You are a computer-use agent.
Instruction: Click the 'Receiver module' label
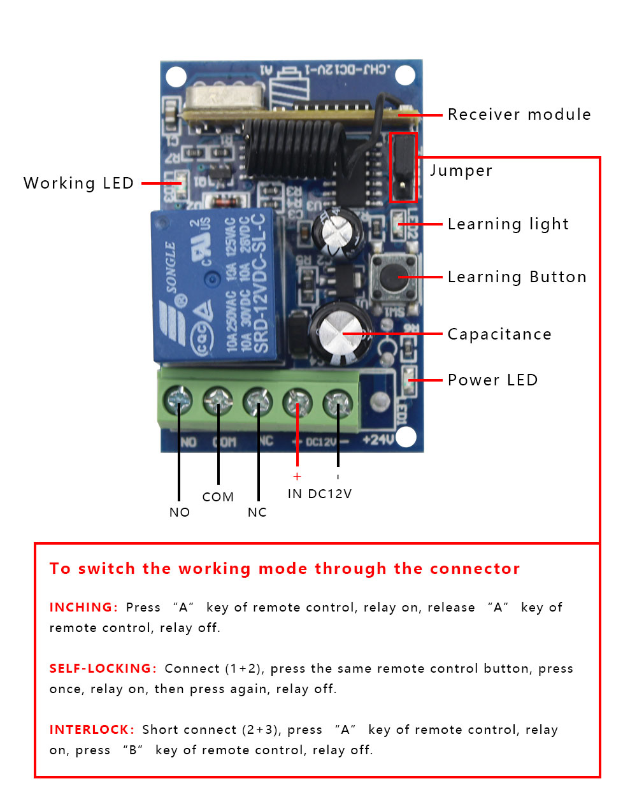pyautogui.click(x=519, y=115)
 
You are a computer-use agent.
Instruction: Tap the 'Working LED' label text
pyautogui.click(x=78, y=183)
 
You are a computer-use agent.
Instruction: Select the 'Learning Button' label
pyautogui.click(x=517, y=277)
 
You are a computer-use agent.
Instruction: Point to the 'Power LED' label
pyautogui.click(x=492, y=380)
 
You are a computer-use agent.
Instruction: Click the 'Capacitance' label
pyautogui.click(x=499, y=334)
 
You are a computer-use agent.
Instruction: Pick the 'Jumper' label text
pyautogui.click(x=461, y=171)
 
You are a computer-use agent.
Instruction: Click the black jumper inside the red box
pyautogui.click(x=403, y=167)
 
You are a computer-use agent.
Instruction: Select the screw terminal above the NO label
pyautogui.click(x=178, y=401)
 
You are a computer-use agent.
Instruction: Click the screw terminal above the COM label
pyautogui.click(x=218, y=401)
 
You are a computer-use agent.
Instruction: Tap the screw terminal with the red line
pyautogui.click(x=297, y=402)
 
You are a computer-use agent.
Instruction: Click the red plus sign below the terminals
pyautogui.click(x=297, y=476)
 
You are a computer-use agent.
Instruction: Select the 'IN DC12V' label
pyautogui.click(x=319, y=494)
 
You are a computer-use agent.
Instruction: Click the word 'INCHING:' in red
pyautogui.click(x=83, y=607)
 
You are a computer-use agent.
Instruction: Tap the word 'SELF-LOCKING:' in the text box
pyautogui.click(x=103, y=668)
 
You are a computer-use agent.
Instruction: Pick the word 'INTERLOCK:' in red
pyautogui.click(x=92, y=729)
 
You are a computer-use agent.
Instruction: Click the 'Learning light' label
pyautogui.click(x=508, y=224)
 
